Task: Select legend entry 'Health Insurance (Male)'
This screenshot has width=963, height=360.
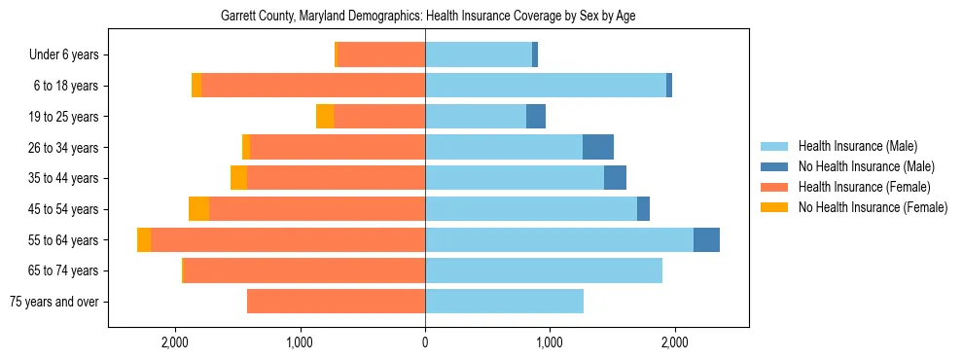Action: [x=857, y=146]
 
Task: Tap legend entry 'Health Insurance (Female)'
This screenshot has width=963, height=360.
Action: [x=864, y=187]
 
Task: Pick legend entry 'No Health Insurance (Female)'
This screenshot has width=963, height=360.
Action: [x=873, y=207]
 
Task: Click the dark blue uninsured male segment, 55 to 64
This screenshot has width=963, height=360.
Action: [x=706, y=240]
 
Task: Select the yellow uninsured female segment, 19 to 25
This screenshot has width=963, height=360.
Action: [x=325, y=117]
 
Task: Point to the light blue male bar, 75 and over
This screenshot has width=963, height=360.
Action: [x=504, y=302]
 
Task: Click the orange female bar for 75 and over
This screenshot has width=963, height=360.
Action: [x=336, y=302]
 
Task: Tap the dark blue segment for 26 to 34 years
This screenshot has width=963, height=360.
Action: [x=598, y=148]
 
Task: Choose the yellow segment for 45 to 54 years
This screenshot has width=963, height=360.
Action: [x=198, y=209]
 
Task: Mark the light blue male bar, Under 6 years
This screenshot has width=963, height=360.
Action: [x=479, y=55]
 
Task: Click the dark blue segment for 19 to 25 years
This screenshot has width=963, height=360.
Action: [x=536, y=117]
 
